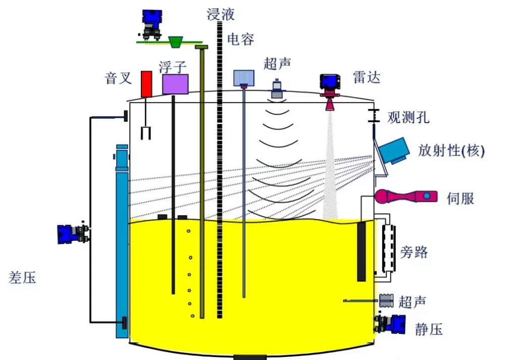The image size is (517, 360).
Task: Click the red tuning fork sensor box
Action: (x=146, y=84)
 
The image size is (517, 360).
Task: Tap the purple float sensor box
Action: (x=175, y=84)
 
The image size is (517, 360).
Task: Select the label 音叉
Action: (x=118, y=78)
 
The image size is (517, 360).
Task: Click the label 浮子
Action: (x=173, y=66)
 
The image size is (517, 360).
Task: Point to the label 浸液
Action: (x=221, y=14)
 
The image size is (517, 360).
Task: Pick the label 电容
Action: (x=240, y=39)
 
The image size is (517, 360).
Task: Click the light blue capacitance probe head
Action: (x=244, y=77)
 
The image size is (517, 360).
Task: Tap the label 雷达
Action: (x=367, y=77)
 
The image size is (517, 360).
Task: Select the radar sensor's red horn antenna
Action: (x=330, y=104)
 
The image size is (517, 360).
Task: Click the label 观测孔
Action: (x=408, y=118)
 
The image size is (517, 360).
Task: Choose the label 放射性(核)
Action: (x=451, y=150)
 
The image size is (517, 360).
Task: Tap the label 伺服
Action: (x=460, y=198)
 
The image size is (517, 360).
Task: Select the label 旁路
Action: (x=413, y=251)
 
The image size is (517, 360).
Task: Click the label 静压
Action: (x=429, y=330)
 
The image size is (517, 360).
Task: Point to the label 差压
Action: (x=23, y=277)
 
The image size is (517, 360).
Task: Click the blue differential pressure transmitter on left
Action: (x=73, y=233)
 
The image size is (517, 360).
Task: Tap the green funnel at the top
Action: (x=176, y=42)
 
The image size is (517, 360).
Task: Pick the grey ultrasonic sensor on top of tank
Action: (x=277, y=89)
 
